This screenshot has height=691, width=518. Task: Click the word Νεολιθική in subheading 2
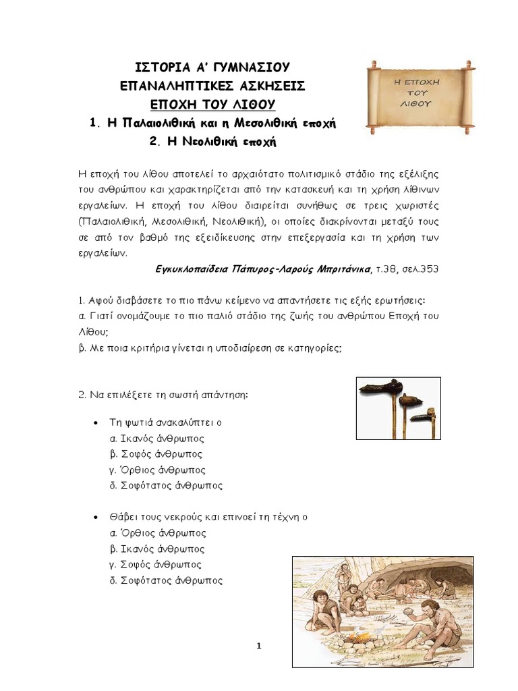(202, 142)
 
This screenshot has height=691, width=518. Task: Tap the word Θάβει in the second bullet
(123, 518)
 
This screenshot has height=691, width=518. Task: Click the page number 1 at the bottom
(259, 646)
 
